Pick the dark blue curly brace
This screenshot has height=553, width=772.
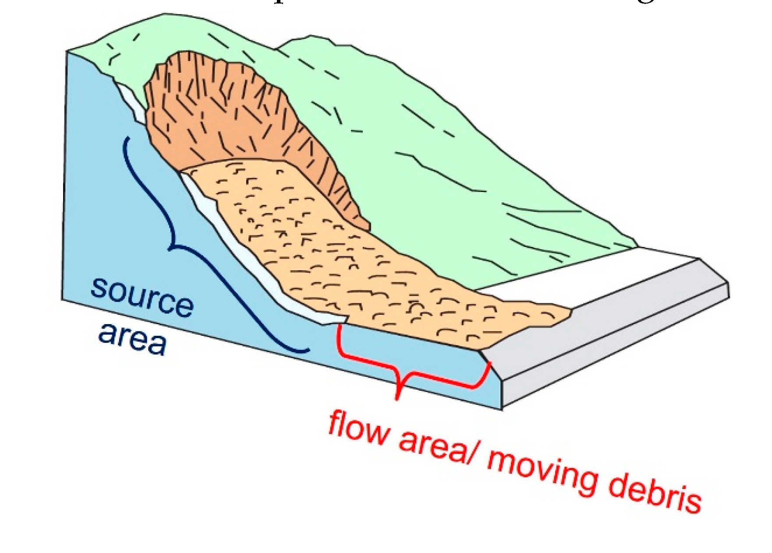click(x=175, y=246)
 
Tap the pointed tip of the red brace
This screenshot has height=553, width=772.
click(x=397, y=398)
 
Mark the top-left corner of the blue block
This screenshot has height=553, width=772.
click(x=67, y=52)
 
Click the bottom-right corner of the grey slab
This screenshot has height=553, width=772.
click(x=728, y=298)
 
